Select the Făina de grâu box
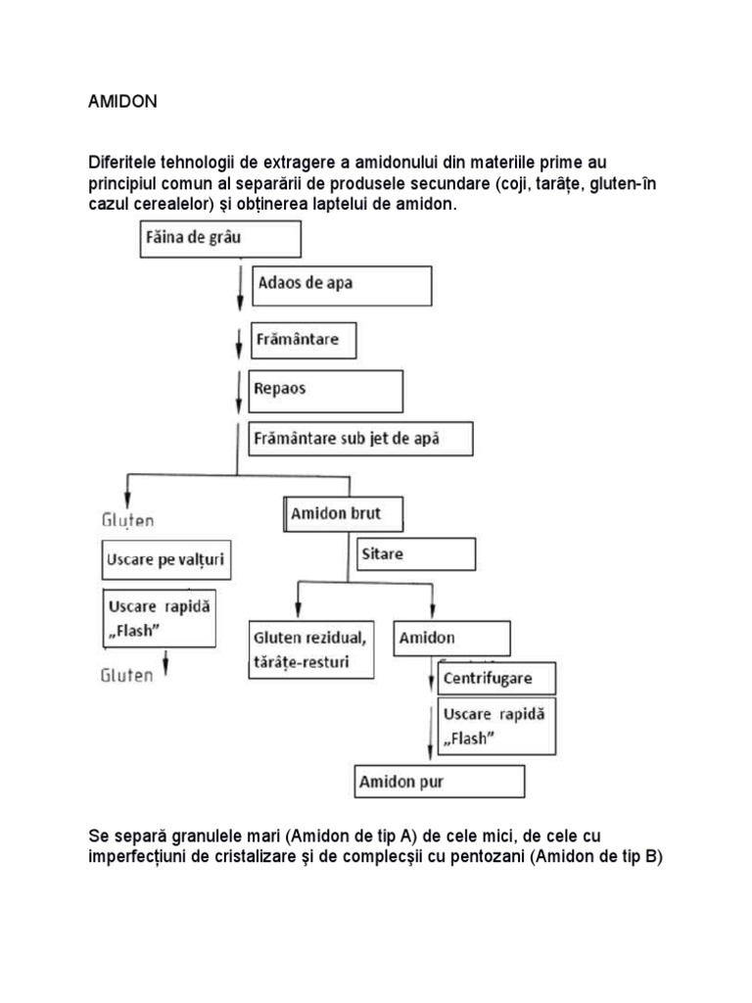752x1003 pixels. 219,238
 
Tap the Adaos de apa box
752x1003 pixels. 342,285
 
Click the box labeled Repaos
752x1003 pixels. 327,390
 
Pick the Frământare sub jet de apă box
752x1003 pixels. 361,439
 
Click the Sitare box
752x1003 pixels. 415,554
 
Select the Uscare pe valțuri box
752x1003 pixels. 170,562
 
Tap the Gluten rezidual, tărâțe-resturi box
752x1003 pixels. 311,649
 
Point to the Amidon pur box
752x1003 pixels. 440,782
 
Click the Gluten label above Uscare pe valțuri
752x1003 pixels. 128,519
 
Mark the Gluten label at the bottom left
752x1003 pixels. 127,675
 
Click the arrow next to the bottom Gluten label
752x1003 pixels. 166,666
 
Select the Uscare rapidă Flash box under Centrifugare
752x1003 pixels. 493,726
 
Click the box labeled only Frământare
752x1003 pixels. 303,340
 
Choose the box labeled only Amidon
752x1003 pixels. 451,638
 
